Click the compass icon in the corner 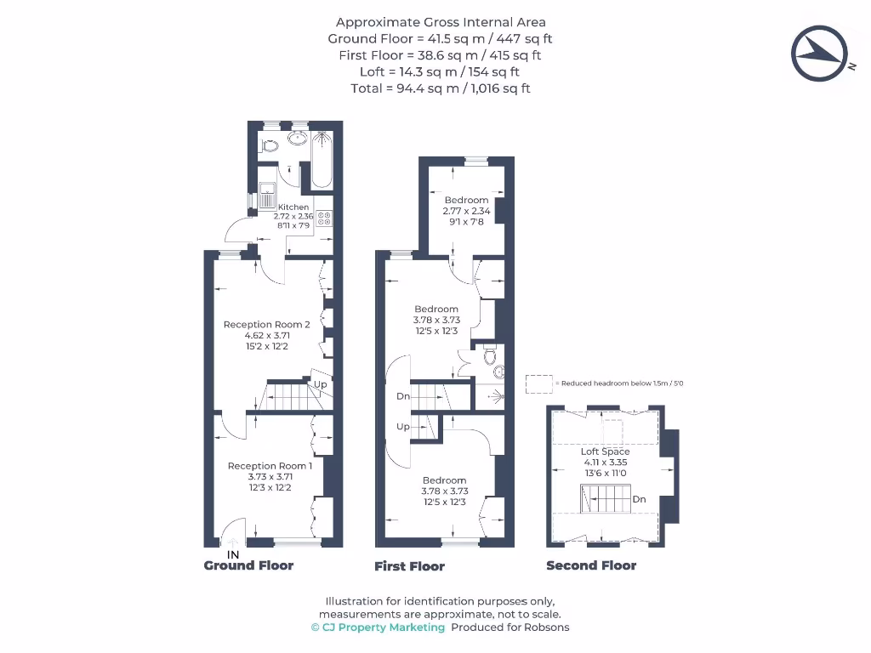coord(821,54)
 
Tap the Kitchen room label coord(293,207)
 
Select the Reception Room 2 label coord(267,324)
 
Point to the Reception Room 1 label coord(270,466)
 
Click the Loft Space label coord(606,451)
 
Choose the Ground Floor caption coord(248,565)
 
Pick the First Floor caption coord(409,566)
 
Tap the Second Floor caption coord(591,565)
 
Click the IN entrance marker coord(232,555)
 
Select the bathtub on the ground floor coord(322,159)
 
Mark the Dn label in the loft coord(639,500)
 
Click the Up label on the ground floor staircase coord(321,384)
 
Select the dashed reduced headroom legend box coord(538,383)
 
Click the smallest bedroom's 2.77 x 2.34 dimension coord(466,211)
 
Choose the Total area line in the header coord(441,88)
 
